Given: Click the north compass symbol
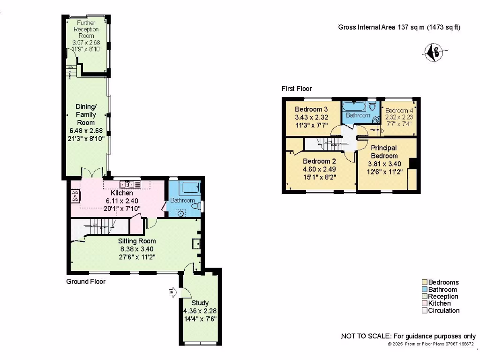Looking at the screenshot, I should click(435, 52).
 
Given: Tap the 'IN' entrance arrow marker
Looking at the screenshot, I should click(172, 293).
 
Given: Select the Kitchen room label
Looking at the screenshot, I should click(121, 193).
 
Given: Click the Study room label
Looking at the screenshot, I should click(200, 303).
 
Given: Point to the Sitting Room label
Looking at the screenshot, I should click(137, 241).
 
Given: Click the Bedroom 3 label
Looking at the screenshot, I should click(308, 109).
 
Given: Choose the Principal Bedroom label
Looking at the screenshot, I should click(384, 152).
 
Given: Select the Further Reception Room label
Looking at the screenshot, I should click(86, 29).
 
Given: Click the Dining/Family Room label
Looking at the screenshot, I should click(86, 114).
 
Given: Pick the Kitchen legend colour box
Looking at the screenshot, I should click(425, 303).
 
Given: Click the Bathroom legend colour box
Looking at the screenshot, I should click(425, 289).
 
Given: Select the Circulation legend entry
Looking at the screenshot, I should click(443, 310).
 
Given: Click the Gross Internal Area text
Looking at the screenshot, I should click(399, 27).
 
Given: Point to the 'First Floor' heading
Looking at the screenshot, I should click(296, 89).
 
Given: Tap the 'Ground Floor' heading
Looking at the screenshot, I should click(85, 282).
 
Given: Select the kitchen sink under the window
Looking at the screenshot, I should click(127, 184).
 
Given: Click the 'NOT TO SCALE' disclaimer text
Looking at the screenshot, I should click(408, 337).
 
